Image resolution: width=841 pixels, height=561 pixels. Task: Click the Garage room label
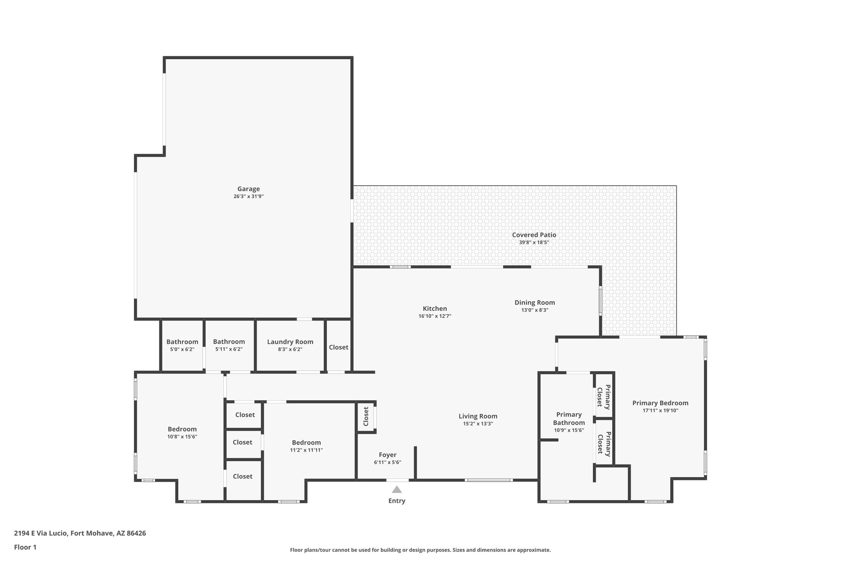[248, 189]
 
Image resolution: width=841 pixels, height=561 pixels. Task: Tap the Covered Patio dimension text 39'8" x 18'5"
[534, 242]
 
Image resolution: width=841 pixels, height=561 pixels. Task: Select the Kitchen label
[435, 309]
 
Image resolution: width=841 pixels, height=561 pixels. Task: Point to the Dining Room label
[535, 302]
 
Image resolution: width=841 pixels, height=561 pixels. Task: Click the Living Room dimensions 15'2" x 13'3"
[478, 424]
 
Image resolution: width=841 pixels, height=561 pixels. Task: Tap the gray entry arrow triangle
[397, 489]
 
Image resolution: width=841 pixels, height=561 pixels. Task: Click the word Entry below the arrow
[397, 501]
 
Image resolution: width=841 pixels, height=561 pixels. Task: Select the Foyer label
[387, 455]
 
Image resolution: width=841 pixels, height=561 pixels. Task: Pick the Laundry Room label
[290, 342]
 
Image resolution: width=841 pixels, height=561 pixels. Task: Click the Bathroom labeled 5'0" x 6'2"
[182, 342]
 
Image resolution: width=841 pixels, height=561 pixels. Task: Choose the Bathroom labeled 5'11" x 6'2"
[229, 342]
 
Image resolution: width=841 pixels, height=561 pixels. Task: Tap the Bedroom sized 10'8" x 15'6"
[182, 429]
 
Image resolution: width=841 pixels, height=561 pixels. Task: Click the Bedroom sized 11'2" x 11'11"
[306, 443]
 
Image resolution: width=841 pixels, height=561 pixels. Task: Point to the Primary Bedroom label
[660, 403]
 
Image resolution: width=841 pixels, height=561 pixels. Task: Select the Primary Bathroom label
[569, 418]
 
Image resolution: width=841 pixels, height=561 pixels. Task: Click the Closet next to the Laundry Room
[338, 347]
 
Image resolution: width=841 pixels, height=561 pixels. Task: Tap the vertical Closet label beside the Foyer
[366, 417]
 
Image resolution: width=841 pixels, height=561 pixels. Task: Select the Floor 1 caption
[25, 547]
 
